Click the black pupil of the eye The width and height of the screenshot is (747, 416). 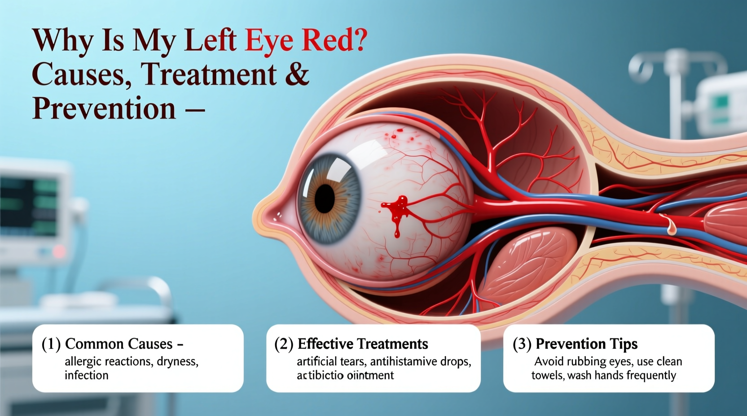[325, 198]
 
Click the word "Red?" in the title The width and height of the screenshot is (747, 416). [335, 40]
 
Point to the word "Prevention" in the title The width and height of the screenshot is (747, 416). [104, 108]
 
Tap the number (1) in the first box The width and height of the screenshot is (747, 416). [51, 344]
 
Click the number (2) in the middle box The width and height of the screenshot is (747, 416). [284, 344]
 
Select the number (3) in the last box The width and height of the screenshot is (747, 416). [522, 344]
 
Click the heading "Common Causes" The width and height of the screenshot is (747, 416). [119, 344]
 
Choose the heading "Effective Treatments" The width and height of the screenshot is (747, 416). [363, 344]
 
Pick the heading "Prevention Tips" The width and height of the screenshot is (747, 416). [586, 344]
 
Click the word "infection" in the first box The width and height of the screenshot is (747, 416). [87, 375]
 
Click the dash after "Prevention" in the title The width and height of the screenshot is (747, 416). [195, 109]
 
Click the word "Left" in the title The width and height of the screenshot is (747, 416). [210, 40]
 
